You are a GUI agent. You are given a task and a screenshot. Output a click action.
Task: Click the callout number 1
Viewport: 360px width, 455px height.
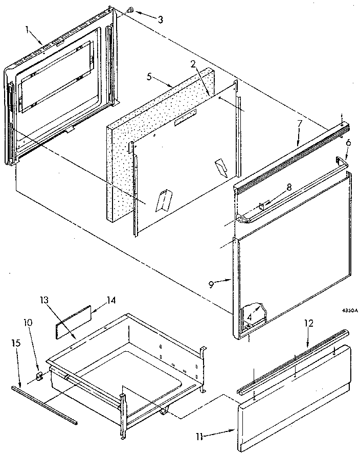27,29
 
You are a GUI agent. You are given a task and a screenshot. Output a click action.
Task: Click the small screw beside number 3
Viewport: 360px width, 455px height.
129,10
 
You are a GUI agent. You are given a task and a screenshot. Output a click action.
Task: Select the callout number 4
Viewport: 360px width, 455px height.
249,316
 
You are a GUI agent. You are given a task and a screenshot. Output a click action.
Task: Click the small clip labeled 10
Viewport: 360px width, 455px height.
40,377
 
